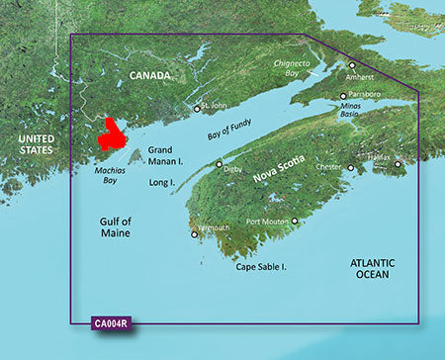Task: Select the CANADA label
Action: coord(151,76)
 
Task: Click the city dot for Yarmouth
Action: coord(195,234)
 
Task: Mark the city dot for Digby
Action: coord(220,164)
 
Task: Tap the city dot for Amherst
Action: coord(352,65)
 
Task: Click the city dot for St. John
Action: coord(197,109)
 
